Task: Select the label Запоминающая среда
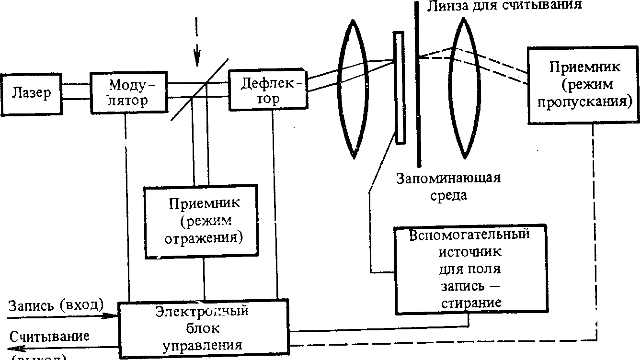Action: [x=447, y=187]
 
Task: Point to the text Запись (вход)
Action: [x=56, y=305]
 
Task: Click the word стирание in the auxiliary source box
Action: [x=470, y=304]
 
